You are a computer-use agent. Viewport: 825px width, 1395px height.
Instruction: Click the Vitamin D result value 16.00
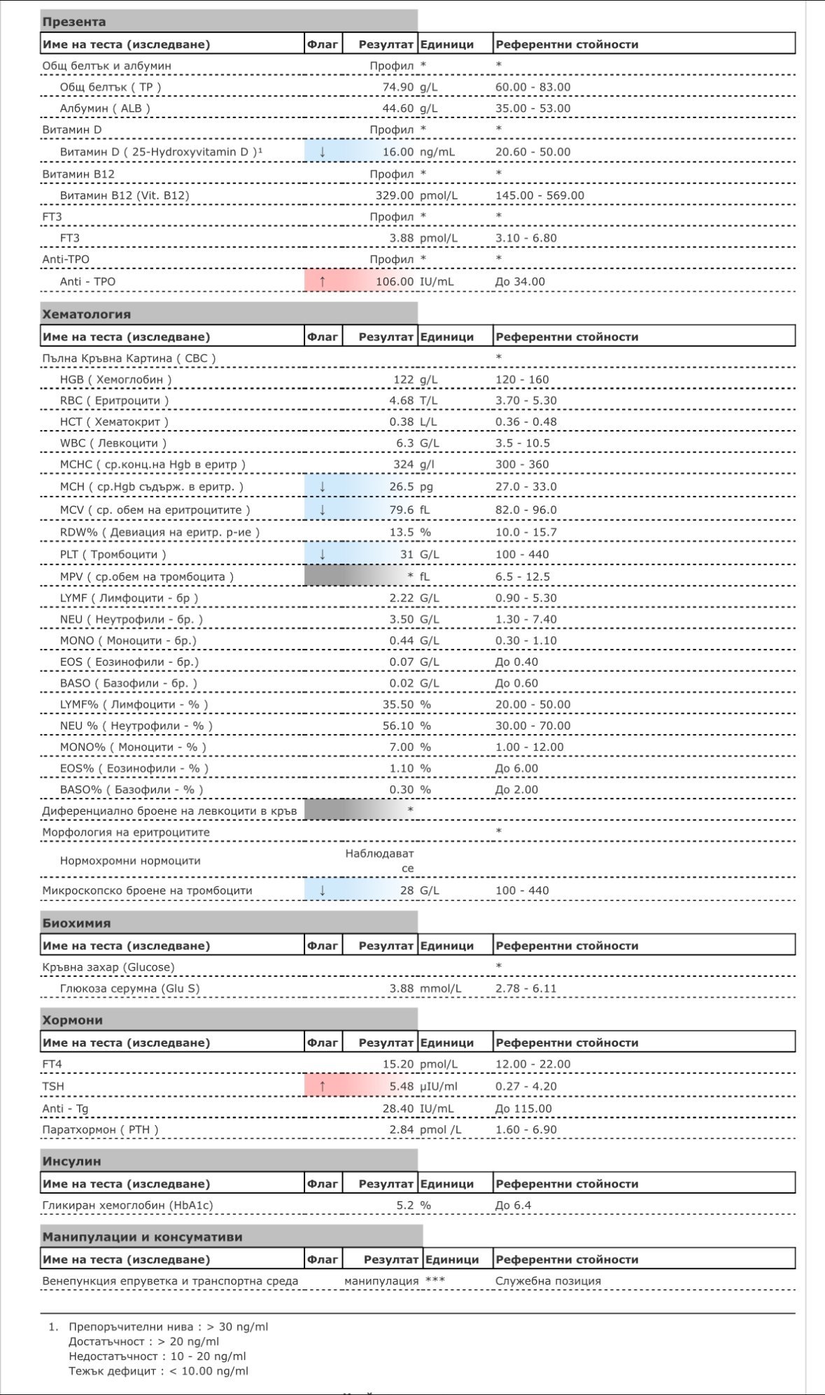pos(398,152)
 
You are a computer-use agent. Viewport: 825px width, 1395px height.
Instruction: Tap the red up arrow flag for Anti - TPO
pos(322,281)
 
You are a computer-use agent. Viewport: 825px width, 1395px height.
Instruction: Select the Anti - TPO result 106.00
pos(395,282)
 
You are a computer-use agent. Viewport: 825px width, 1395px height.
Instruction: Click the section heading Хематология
pos(87,314)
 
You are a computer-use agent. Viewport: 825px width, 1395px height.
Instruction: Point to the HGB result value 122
pos(403,380)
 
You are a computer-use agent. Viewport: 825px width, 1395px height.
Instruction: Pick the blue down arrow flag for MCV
pos(322,510)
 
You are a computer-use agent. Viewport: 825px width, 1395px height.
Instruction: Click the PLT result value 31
pos(407,555)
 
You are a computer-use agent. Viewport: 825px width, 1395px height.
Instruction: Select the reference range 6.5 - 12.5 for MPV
pos(523,577)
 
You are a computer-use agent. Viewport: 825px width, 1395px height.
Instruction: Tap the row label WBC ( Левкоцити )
pos(113,443)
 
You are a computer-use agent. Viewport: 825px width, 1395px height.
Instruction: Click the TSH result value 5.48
pos(402,1086)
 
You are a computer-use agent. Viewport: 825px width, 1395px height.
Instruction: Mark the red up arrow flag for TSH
pos(322,1086)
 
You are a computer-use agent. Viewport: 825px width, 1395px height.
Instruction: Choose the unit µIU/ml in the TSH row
pos(439,1086)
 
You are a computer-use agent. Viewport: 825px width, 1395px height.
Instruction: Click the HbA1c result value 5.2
pos(405,1205)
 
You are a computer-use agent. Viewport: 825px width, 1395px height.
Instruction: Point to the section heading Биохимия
pos(76,923)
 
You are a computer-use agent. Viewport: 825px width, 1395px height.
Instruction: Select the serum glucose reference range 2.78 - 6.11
pos(526,989)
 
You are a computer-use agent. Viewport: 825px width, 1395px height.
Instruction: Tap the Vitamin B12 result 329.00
pos(395,196)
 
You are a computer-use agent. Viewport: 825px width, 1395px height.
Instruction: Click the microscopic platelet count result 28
pos(407,890)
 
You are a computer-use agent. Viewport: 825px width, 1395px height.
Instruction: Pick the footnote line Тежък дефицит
pos(158,1371)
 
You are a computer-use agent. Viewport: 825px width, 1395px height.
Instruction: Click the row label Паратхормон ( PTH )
pos(100,1129)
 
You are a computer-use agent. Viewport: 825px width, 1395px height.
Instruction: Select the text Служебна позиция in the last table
pos(548,1281)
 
